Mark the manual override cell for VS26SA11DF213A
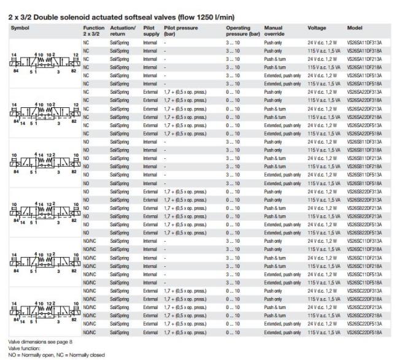click(x=273, y=59)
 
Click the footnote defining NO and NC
click(x=52, y=354)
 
